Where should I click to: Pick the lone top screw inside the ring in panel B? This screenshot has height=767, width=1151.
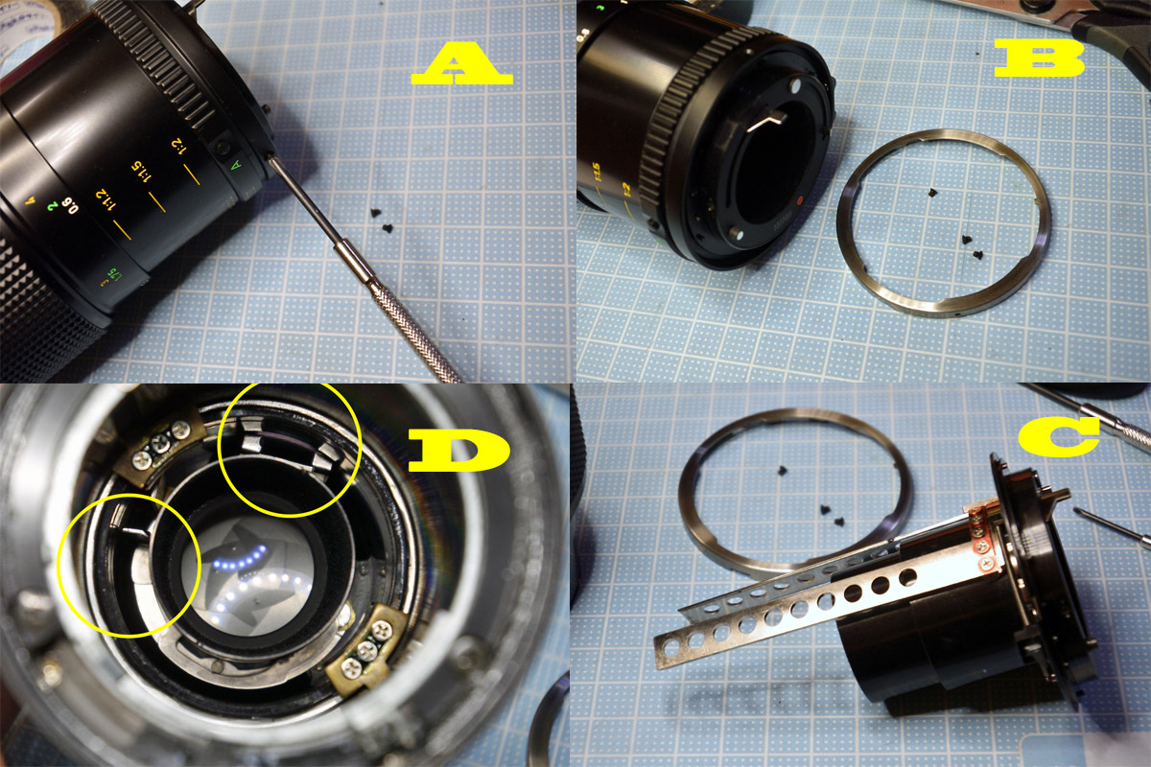pos(932,193)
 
